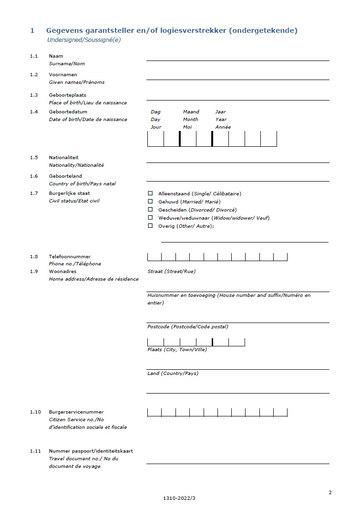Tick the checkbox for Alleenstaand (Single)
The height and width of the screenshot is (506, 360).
150,194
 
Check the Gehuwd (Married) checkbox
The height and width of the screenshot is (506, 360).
150,202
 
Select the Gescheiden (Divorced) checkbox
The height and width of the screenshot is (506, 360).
150,210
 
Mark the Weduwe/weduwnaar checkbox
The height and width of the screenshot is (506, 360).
150,218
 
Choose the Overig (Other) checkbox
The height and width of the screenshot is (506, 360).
150,226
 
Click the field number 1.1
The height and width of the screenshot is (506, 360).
34,56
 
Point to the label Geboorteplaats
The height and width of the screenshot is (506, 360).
67,95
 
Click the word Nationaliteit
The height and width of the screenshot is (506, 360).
63,158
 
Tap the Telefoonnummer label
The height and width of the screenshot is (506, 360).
69,257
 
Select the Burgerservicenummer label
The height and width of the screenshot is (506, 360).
76,412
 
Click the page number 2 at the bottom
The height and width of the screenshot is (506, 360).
330,492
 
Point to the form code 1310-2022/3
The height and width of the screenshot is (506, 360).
179,498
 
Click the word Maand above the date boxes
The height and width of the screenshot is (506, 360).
191,112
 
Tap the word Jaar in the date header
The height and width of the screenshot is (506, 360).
220,112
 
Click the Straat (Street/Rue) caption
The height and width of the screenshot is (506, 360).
171,272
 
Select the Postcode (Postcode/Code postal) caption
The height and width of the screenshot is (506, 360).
187,327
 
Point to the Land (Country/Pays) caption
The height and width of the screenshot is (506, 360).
173,374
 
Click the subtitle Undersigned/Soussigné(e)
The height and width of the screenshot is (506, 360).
84,40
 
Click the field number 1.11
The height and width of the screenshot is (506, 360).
35,451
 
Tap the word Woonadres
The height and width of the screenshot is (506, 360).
62,272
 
